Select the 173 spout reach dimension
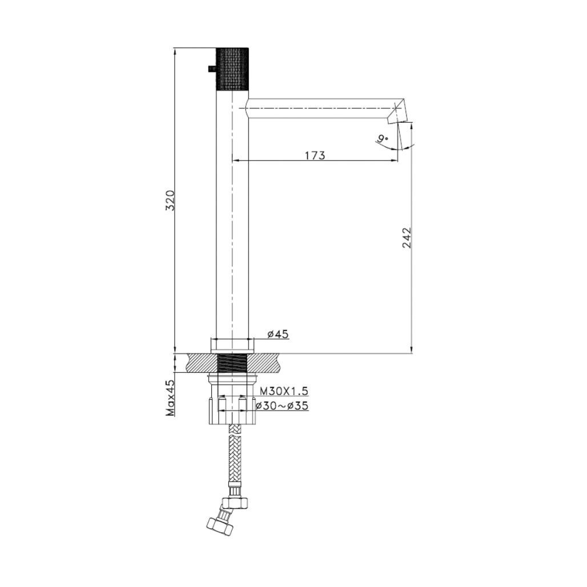314,155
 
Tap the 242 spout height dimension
406,238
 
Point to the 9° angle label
383,139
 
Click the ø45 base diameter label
278,335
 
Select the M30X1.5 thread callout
284,391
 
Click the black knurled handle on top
232,69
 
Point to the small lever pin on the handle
211,69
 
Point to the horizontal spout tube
320,108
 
